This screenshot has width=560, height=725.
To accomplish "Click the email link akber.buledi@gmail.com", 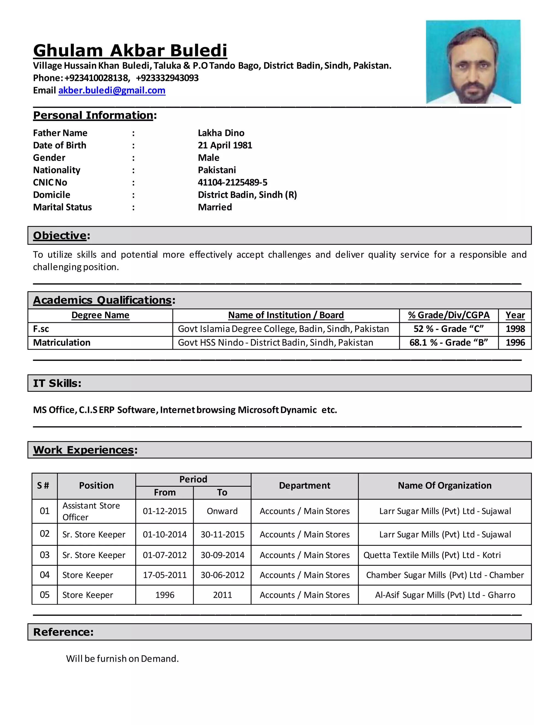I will tap(112, 90).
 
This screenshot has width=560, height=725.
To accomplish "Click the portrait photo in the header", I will tap(473, 62).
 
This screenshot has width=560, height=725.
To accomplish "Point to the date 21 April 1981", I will tap(225, 145).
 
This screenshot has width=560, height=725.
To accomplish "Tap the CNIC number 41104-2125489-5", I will tap(233, 182).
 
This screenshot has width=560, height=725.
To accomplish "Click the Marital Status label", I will tap(62, 207).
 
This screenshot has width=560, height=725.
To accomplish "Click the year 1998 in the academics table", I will tap(515, 329).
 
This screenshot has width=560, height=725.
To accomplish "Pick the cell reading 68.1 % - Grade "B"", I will tap(448, 343).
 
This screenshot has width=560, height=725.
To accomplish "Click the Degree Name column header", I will tap(100, 315).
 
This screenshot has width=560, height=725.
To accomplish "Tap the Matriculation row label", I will tap(62, 343).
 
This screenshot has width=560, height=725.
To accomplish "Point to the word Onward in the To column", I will tap(222, 511).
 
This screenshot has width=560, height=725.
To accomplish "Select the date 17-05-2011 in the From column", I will tap(165, 575).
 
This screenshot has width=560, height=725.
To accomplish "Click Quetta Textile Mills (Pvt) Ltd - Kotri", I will tap(432, 555).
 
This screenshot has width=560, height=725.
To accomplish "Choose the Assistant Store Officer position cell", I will tap(91, 511).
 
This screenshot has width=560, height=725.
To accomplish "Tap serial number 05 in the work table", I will tap(45, 595).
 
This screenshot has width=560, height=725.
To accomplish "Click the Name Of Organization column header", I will tap(445, 486).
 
